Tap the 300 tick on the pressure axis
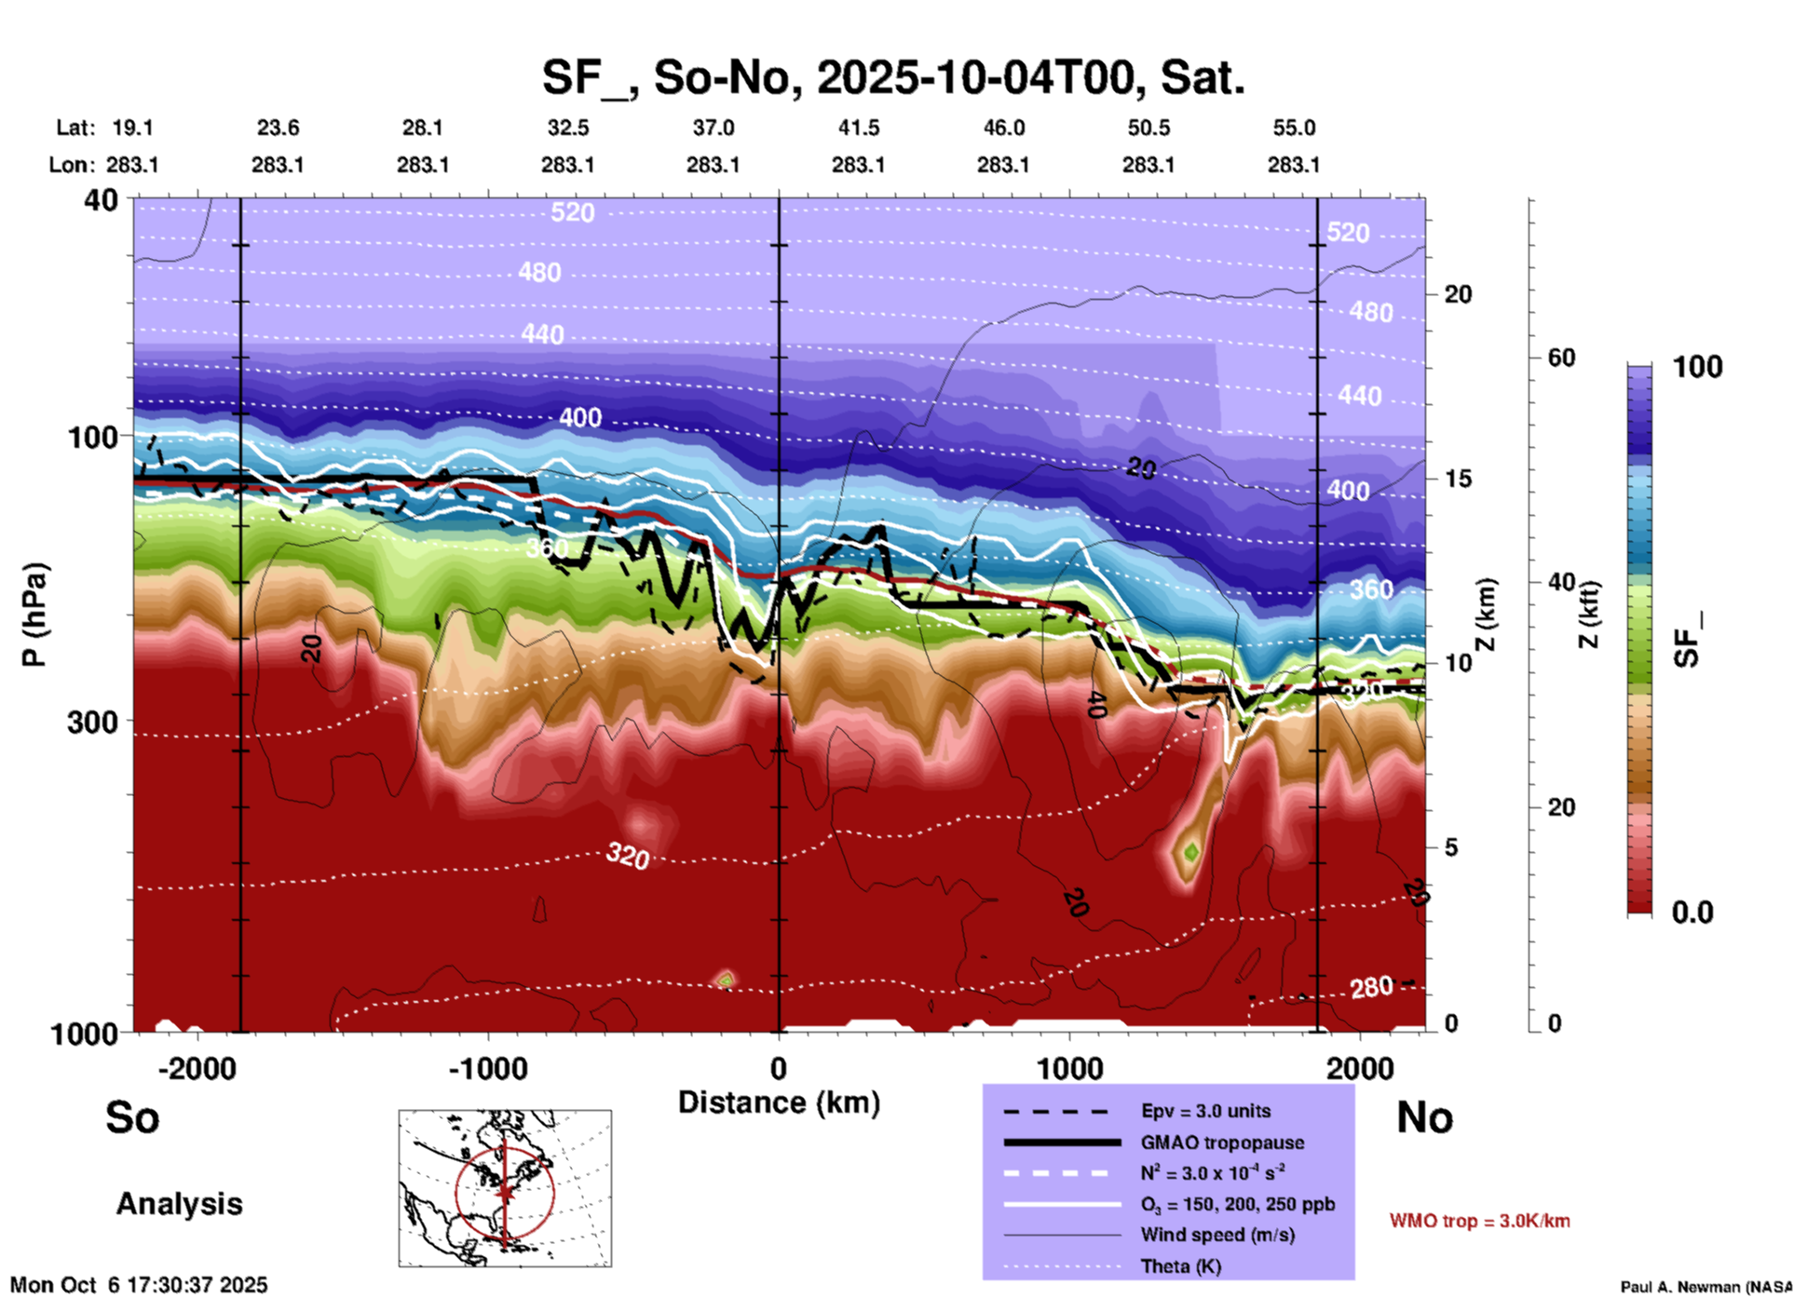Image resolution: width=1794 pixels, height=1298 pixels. click(92, 722)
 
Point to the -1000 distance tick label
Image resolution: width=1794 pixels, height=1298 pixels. click(487, 1069)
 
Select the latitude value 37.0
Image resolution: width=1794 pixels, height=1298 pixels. click(713, 128)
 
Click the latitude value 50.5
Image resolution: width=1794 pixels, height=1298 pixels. click(1148, 128)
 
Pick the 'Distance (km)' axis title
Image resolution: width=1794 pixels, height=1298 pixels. click(779, 1102)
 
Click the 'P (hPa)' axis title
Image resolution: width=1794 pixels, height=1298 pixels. click(34, 615)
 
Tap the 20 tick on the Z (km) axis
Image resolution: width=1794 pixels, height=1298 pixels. click(1458, 294)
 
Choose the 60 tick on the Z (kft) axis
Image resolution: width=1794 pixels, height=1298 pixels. click(1561, 358)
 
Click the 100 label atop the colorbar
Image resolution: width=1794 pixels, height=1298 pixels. click(1697, 367)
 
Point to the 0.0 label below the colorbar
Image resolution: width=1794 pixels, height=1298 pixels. click(1692, 912)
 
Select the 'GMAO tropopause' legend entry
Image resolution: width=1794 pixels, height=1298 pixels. click(1222, 1143)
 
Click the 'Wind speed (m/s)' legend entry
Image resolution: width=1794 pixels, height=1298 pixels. click(1217, 1235)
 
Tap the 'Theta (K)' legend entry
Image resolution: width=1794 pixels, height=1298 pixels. click(1180, 1266)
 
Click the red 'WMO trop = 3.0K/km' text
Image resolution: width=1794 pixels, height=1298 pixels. click(1479, 1221)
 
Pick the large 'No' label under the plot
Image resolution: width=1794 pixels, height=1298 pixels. click(1424, 1117)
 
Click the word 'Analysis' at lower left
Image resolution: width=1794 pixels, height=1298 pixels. click(179, 1204)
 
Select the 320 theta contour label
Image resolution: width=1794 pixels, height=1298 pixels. click(628, 855)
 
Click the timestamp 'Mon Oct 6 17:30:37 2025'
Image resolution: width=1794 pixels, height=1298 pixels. click(139, 1285)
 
